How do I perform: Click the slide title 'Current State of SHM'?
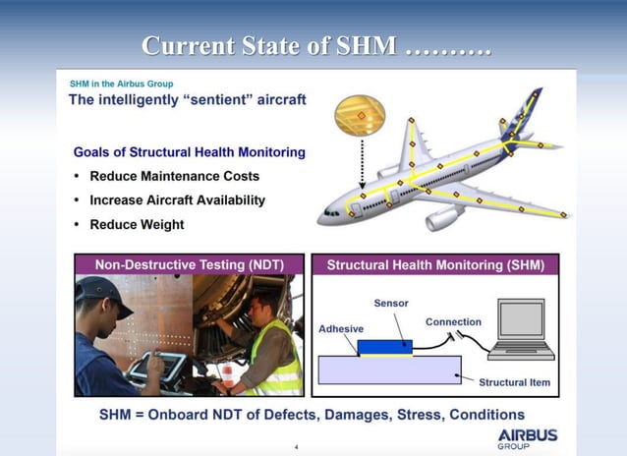coord(315,46)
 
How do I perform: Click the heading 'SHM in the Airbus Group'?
coord(121,85)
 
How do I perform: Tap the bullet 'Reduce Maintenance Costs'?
coord(174,176)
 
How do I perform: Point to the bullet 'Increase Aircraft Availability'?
coord(177,199)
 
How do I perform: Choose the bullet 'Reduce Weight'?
coord(137,224)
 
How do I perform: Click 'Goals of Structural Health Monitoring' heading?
coord(189,152)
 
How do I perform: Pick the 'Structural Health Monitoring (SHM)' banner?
coord(434,265)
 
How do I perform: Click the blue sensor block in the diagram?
coord(384,346)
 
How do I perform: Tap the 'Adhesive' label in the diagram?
coord(341,329)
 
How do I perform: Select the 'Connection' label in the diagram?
coord(453,321)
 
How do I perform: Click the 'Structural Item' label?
coord(514,381)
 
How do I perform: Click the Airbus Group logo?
coord(527,437)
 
